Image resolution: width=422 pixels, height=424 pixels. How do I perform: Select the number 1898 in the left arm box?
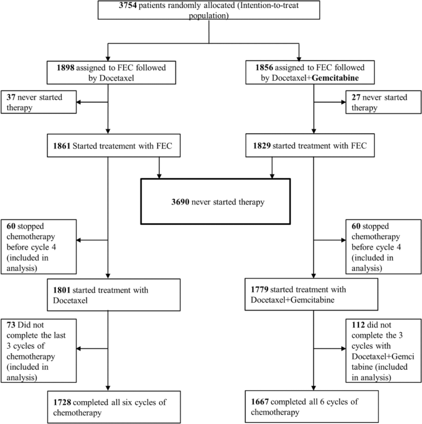tap(63, 68)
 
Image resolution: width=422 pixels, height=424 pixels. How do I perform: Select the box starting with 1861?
tap(110, 147)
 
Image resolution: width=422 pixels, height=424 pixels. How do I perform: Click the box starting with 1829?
tap(314, 147)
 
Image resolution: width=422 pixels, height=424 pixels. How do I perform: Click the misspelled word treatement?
tap(126, 147)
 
